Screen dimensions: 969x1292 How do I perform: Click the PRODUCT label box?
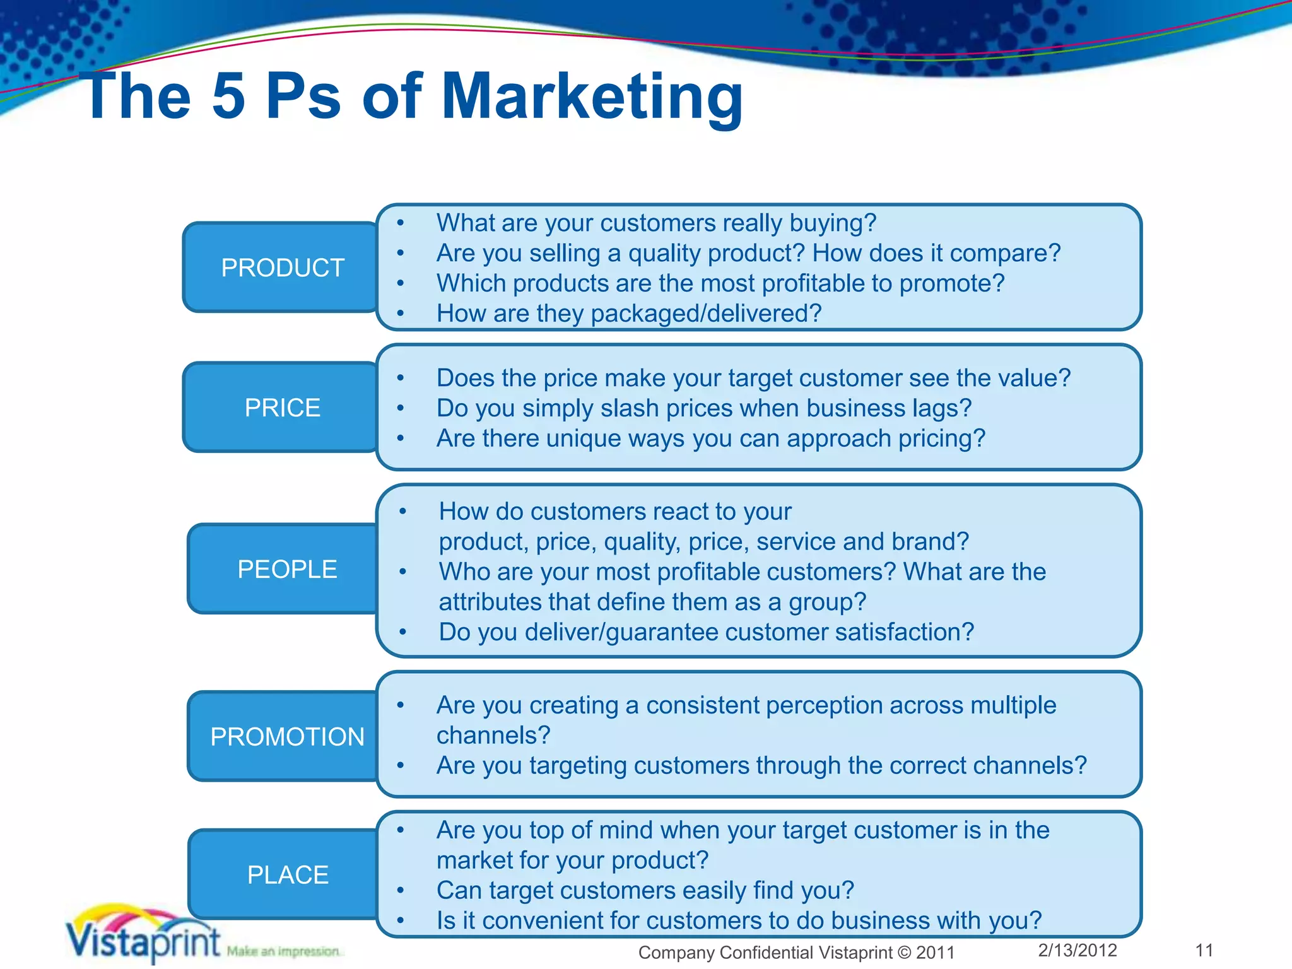(x=281, y=267)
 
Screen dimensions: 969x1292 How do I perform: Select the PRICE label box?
(x=281, y=408)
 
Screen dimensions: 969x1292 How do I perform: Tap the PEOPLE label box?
(x=286, y=569)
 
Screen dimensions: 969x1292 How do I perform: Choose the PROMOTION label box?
(x=286, y=737)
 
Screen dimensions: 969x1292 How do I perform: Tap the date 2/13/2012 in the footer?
(x=1078, y=950)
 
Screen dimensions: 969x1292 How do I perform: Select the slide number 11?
(x=1204, y=950)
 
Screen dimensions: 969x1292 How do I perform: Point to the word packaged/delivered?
(x=706, y=314)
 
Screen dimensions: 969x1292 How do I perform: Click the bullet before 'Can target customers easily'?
(x=400, y=891)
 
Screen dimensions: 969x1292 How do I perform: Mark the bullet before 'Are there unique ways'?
(x=400, y=438)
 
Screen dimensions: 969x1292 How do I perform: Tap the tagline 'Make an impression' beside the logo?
(x=283, y=951)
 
